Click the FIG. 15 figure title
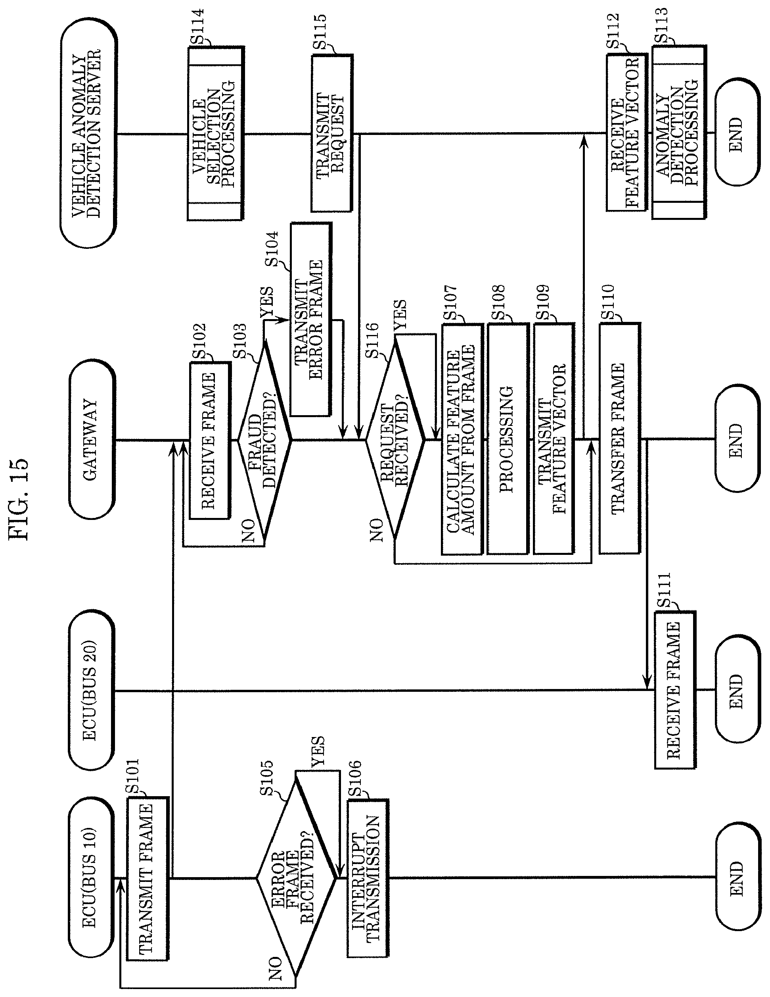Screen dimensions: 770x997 pos(19,498)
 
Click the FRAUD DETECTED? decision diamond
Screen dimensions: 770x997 pos(264,441)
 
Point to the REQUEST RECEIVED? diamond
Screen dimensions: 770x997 pos(395,441)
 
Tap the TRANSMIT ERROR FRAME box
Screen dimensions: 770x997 pos(310,320)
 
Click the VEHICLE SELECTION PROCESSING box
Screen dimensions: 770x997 pos(215,133)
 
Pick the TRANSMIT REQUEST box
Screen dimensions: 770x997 pos(331,133)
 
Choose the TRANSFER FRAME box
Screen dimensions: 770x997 pos(619,439)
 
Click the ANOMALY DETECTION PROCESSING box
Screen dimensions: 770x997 pos(678,133)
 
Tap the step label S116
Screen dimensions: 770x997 pos(372,340)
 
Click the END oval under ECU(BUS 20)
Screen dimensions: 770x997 pos(737,691)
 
